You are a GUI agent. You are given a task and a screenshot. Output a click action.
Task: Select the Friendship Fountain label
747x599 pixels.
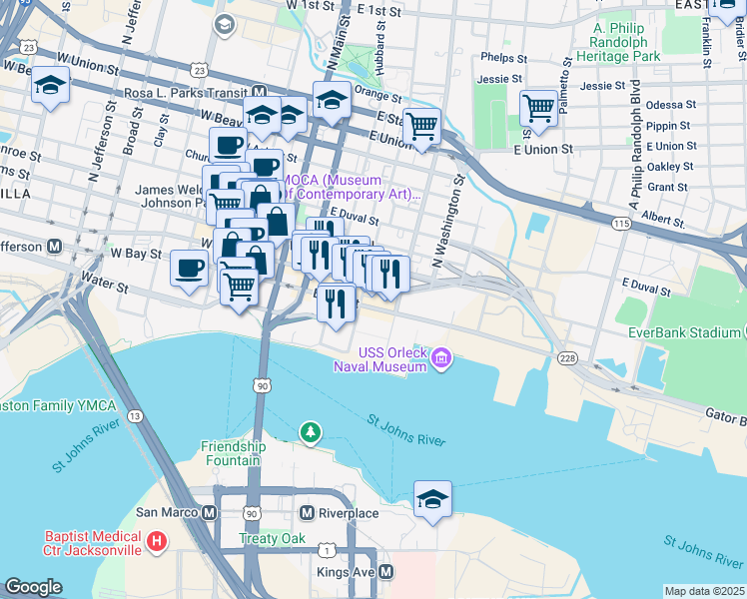click(234, 454)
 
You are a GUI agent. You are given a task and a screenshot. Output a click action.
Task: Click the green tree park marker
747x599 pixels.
click(311, 431)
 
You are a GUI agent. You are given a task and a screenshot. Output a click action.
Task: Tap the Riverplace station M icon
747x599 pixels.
click(308, 512)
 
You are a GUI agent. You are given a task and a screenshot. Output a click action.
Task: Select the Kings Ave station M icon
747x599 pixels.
click(385, 572)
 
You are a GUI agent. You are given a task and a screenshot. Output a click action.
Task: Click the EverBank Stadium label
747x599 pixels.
click(685, 332)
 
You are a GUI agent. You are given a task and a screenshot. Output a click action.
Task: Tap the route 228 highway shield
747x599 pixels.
click(568, 358)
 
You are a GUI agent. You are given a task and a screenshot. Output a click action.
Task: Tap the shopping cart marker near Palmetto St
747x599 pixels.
click(538, 107)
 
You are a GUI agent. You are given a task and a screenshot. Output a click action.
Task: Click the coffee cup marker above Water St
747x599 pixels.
click(189, 268)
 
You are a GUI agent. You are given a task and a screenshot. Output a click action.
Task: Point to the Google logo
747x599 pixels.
click(33, 586)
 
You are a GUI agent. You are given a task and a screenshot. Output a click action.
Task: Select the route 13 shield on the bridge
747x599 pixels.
click(134, 415)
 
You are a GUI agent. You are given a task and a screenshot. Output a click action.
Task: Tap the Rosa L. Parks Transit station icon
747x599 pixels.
click(258, 92)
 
